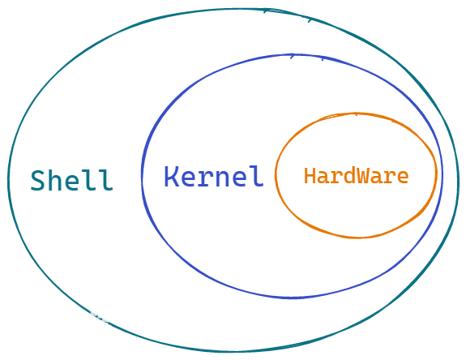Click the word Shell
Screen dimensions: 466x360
pyautogui.click(x=72, y=180)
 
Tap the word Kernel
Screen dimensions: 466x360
pyautogui.click(x=214, y=176)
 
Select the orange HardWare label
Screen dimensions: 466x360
pyautogui.click(x=356, y=176)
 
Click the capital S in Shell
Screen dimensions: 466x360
pyautogui.click(x=38, y=181)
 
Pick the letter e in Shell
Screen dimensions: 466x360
pyautogui.click(x=71, y=182)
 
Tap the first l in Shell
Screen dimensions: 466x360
pyautogui.click(x=88, y=180)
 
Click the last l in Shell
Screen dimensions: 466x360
pyautogui.click(x=105, y=180)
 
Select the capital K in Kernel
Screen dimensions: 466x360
pyautogui.click(x=172, y=176)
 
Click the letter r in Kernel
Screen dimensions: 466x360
pyautogui.click(x=206, y=178)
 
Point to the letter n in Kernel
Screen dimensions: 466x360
pyautogui.click(x=222, y=178)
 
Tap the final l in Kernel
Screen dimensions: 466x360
pyautogui.click(x=256, y=176)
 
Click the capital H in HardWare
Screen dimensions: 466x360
pyautogui.click(x=310, y=176)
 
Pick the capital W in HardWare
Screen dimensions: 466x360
pyautogui.click(x=363, y=176)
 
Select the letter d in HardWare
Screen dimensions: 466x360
pyautogui.click(x=349, y=176)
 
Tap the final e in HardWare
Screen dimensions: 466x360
pyautogui.click(x=403, y=178)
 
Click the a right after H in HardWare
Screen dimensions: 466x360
pyautogui.click(x=323, y=178)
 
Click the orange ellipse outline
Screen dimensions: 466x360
pyautogui.click(x=276, y=175)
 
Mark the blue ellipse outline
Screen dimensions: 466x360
pyautogui.click(x=142, y=175)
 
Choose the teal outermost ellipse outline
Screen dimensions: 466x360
pyautogui.click(x=8, y=182)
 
